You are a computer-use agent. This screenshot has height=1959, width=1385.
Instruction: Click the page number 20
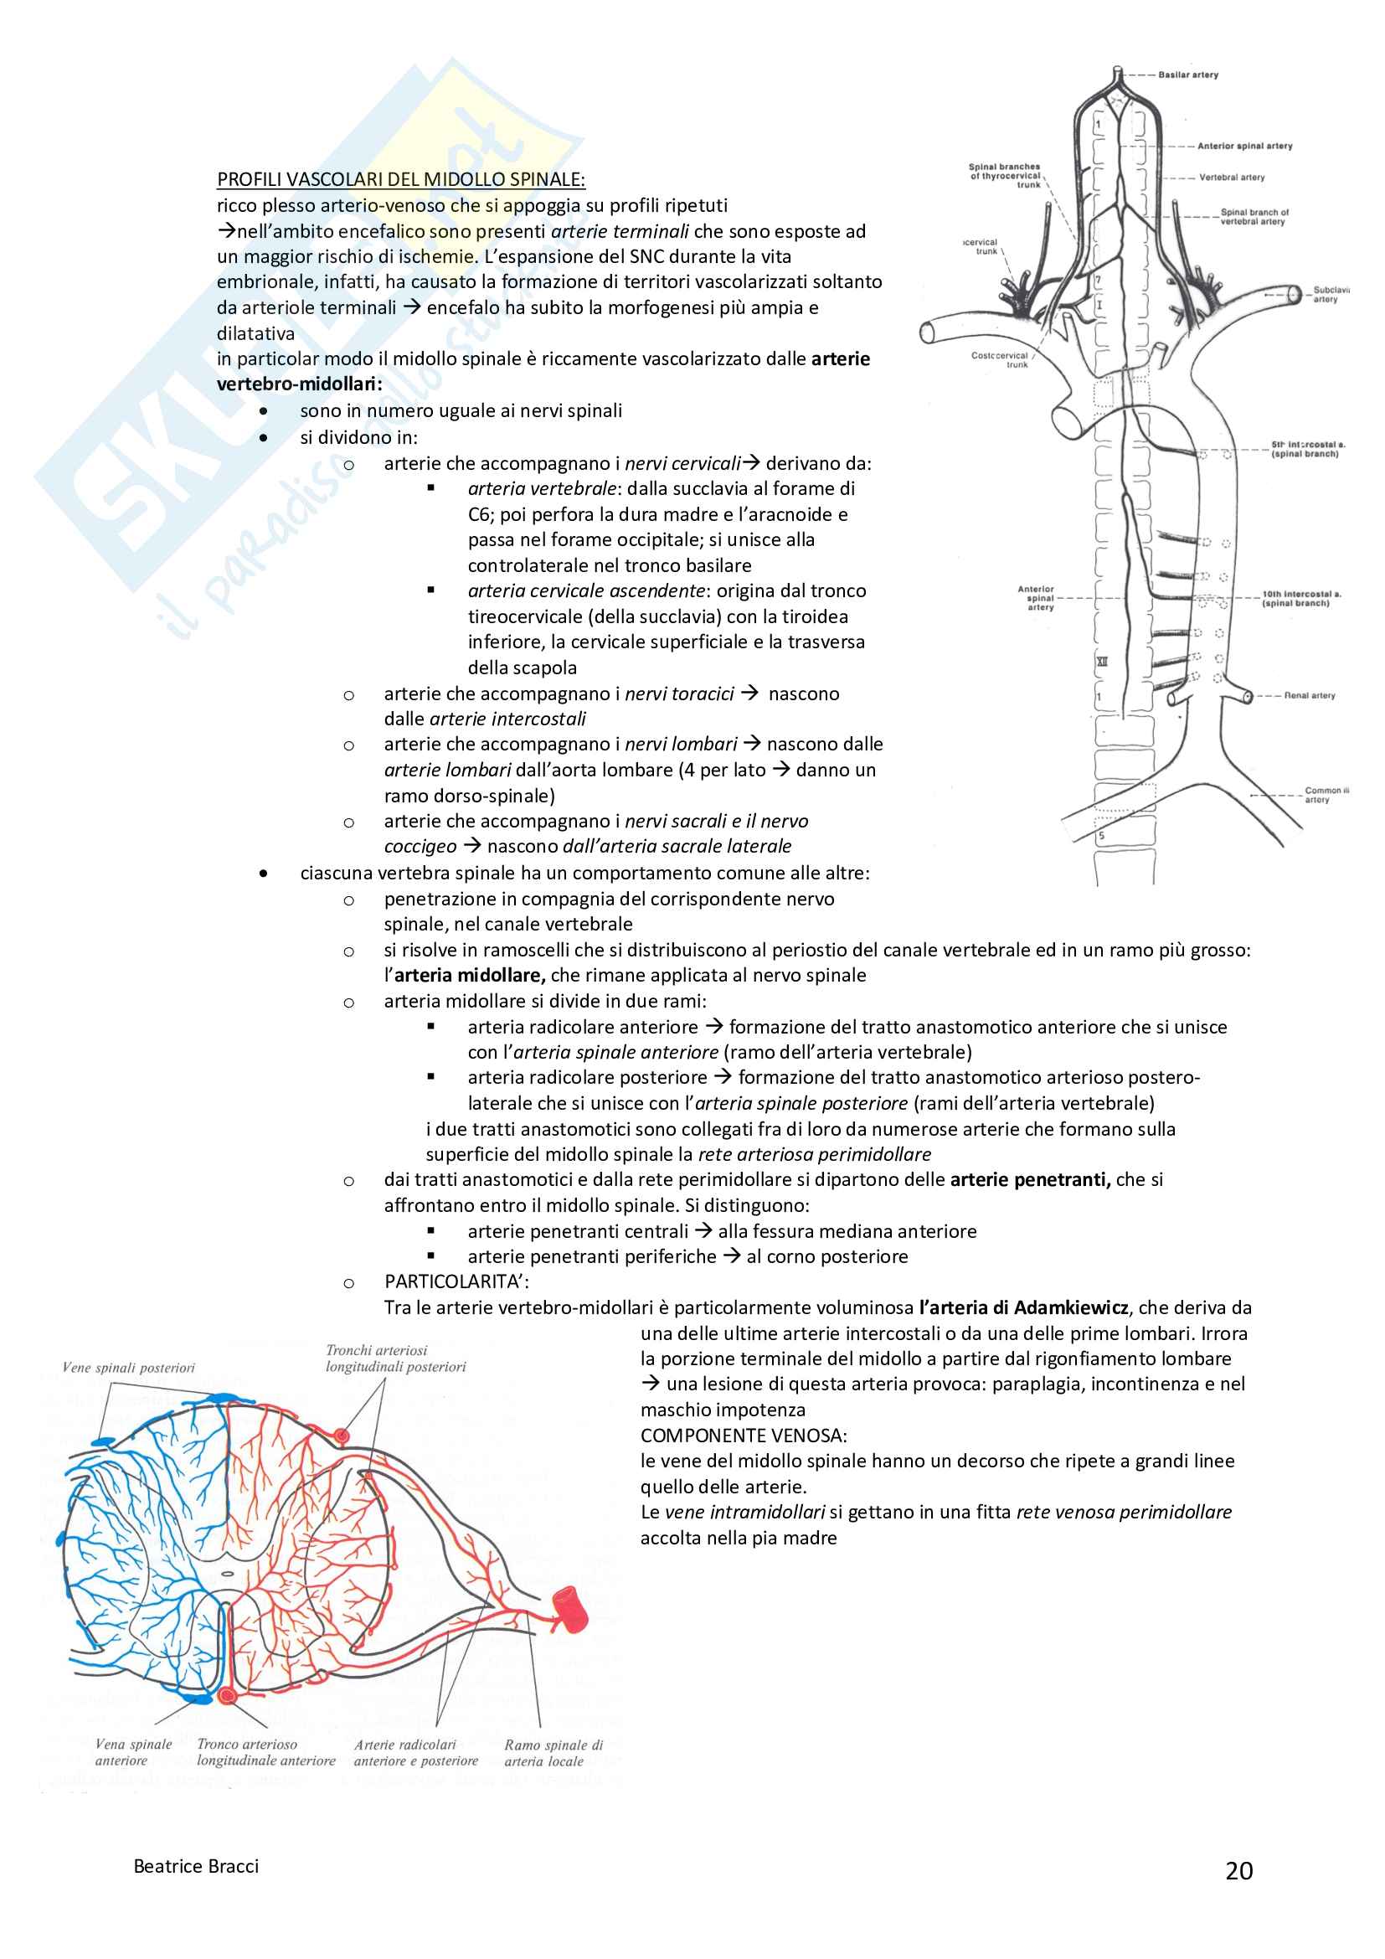pos(1238,1871)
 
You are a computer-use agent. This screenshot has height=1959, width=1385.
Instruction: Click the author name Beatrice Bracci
pos(196,1866)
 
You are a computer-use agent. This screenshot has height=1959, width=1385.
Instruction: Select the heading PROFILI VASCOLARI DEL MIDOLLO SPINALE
pos(401,179)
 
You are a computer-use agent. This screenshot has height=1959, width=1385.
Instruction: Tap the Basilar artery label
pos(1188,75)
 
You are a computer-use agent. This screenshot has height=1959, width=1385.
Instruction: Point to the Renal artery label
pos(1309,695)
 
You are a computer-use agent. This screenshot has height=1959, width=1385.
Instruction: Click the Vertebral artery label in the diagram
pos(1232,178)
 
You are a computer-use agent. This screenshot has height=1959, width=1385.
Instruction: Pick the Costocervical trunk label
pos(1000,360)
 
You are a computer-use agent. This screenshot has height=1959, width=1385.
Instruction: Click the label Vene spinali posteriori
pos(129,1368)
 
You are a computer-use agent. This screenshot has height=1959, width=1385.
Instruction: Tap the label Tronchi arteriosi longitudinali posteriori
pos(396,1358)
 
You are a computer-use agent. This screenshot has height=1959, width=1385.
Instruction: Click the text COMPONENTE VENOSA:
pos(744,1436)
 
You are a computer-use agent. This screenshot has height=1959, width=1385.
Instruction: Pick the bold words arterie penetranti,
pos(1030,1179)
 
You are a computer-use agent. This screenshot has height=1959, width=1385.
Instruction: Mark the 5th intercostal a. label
pos(1307,449)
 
